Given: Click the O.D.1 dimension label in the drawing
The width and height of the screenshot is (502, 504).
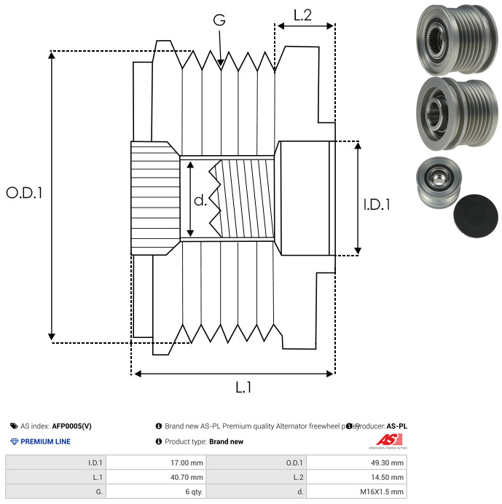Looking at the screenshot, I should [x=25, y=193].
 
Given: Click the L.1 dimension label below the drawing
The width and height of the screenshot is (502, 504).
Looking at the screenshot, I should [x=243, y=387].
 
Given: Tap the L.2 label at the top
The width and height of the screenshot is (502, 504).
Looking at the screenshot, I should [x=303, y=15].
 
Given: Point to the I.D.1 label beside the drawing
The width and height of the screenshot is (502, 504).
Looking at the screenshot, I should [x=377, y=205].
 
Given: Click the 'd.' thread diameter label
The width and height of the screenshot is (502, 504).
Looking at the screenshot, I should [x=200, y=200].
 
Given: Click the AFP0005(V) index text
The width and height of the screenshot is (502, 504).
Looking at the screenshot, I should [x=72, y=426].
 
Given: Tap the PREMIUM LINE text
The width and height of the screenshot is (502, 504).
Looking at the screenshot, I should [x=45, y=441].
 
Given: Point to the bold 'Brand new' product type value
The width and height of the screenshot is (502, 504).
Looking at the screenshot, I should [x=226, y=441].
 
